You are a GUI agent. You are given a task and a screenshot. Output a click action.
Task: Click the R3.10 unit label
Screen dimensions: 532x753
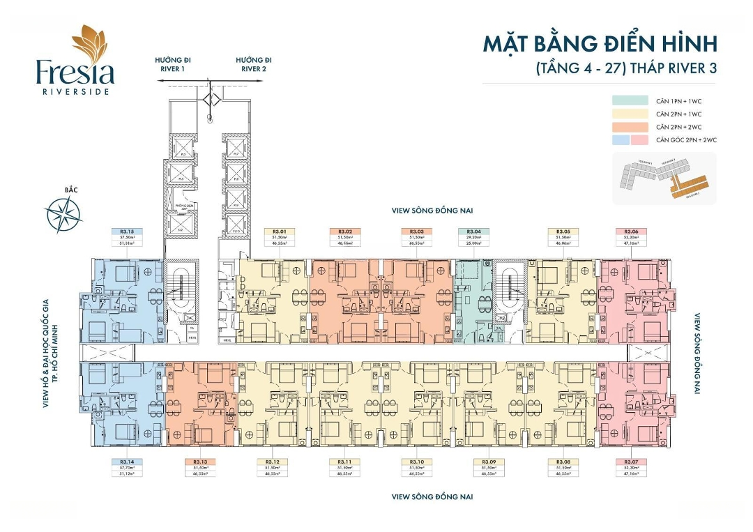pyautogui.click(x=417, y=462)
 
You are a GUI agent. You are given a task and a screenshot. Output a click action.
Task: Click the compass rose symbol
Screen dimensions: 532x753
pyautogui.click(x=63, y=215)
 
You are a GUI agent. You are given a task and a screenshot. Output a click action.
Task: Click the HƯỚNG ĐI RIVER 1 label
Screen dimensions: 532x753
pyautogui.click(x=173, y=65)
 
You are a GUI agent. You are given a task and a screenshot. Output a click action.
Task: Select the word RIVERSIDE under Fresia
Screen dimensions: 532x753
pyautogui.click(x=76, y=91)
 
